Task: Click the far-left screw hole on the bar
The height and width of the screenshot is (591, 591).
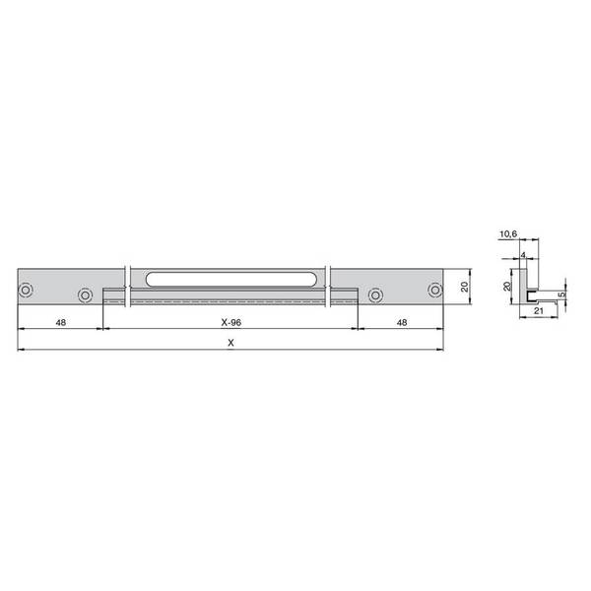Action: point(26,290)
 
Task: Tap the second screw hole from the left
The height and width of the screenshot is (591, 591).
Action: point(85,295)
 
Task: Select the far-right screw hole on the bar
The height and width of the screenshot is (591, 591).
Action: point(435,290)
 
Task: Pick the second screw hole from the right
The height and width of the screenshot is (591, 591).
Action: point(375,295)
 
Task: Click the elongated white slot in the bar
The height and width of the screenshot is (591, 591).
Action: point(230,279)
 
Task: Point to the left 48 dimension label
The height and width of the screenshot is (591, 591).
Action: point(61,322)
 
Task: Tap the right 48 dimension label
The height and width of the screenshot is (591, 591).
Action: point(402,322)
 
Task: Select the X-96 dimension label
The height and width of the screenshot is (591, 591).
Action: point(231,322)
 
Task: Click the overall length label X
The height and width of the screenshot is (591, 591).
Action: point(231,343)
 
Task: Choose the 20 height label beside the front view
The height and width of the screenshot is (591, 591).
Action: point(465,287)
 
